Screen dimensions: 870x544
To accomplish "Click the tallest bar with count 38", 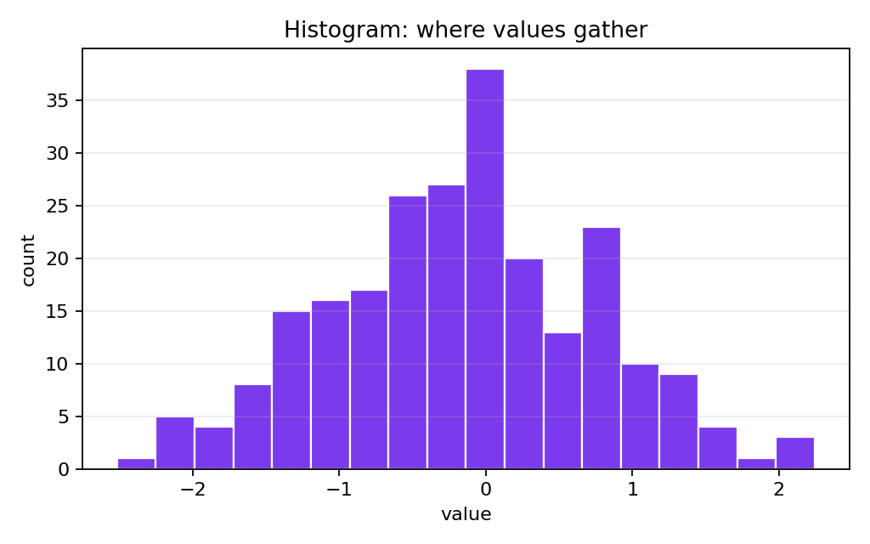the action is pyautogui.click(x=485, y=269).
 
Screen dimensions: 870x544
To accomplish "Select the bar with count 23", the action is pyautogui.click(x=602, y=348).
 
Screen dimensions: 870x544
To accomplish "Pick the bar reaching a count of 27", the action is pyautogui.click(x=446, y=327).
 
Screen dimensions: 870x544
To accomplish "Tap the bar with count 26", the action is pyautogui.click(x=408, y=332).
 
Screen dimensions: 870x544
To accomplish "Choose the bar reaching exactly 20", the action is pyautogui.click(x=523, y=364).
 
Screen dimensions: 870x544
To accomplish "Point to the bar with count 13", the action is pyautogui.click(x=562, y=401).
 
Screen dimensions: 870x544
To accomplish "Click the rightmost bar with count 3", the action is pyautogui.click(x=795, y=454).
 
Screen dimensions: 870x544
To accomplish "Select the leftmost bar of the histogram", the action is pyautogui.click(x=137, y=464).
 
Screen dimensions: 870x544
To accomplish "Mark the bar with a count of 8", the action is pyautogui.click(x=252, y=427).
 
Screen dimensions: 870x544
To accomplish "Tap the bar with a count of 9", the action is pyautogui.click(x=679, y=422).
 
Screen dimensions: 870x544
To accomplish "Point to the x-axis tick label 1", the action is pyautogui.click(x=632, y=490).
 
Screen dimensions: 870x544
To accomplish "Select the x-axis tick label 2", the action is pyautogui.click(x=778, y=490).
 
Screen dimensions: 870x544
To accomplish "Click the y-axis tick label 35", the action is pyautogui.click(x=57, y=100).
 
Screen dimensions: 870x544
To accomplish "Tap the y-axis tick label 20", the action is pyautogui.click(x=57, y=258).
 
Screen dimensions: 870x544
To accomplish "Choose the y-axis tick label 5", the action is pyautogui.click(x=63, y=416).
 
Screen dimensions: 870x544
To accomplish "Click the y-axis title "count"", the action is pyautogui.click(x=28, y=260).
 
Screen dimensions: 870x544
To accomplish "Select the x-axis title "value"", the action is pyautogui.click(x=466, y=514).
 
